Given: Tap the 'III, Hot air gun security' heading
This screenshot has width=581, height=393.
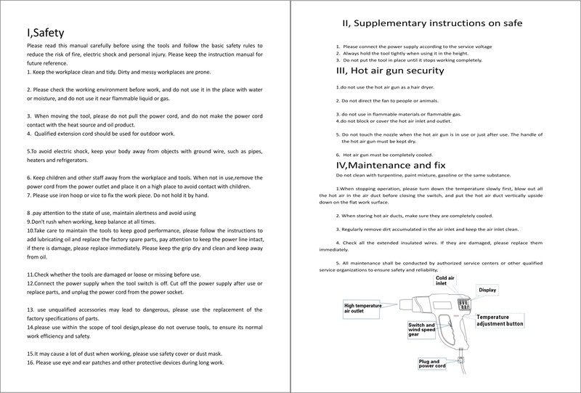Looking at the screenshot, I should click(x=389, y=70).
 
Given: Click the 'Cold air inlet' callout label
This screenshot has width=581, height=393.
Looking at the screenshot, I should click(x=446, y=281).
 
